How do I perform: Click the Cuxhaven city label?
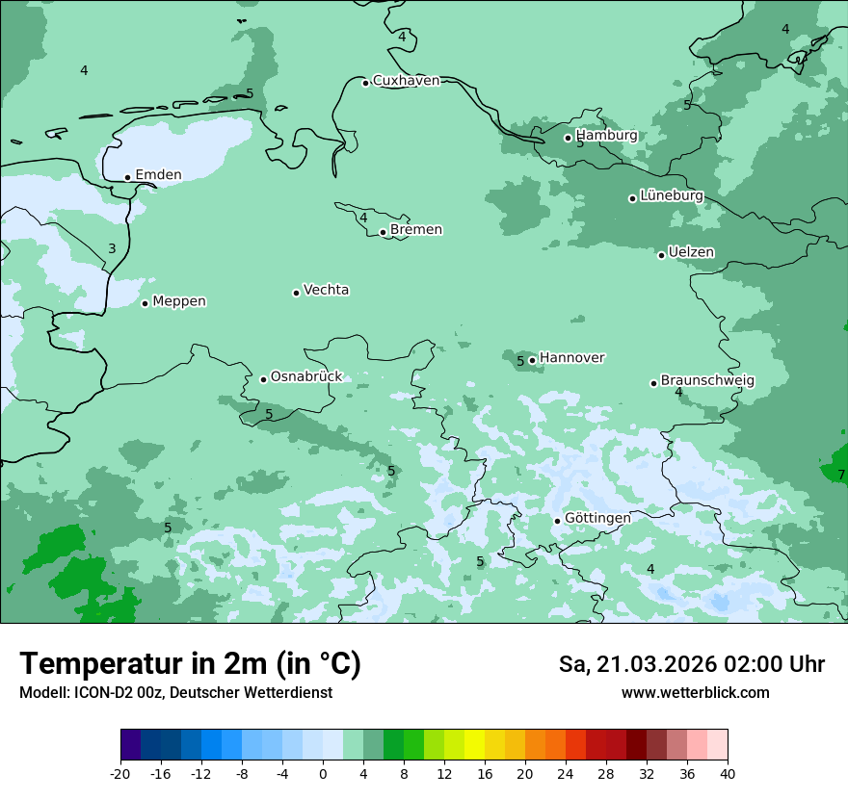click(x=406, y=81)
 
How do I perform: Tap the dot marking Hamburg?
click(x=568, y=138)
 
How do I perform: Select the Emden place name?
click(x=158, y=175)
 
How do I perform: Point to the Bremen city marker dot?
click(x=383, y=232)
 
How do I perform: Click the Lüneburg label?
click(x=672, y=195)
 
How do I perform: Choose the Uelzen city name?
click(x=691, y=252)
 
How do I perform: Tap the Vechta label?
click(x=326, y=290)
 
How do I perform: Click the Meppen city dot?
click(x=145, y=303)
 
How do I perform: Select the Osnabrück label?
click(x=306, y=376)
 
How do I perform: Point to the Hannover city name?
click(x=571, y=358)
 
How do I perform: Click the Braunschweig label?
click(x=707, y=380)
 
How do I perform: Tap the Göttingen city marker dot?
click(x=557, y=521)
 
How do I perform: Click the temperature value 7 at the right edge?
click(x=840, y=475)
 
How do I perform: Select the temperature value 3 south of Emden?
click(x=112, y=249)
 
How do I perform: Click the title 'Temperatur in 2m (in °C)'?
click(x=190, y=664)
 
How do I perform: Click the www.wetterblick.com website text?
click(x=695, y=693)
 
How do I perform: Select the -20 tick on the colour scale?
click(x=120, y=773)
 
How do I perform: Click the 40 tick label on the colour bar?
click(x=727, y=773)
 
